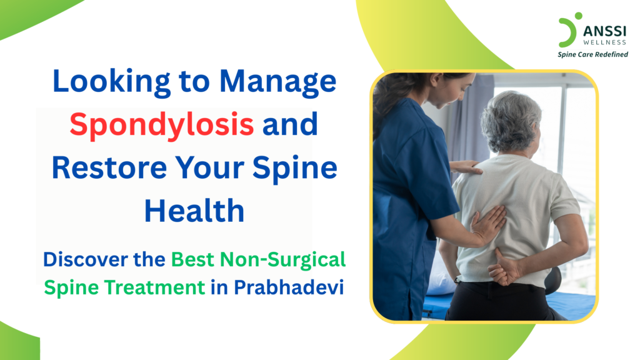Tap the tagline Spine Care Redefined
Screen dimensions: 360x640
pyautogui.click(x=592, y=54)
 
